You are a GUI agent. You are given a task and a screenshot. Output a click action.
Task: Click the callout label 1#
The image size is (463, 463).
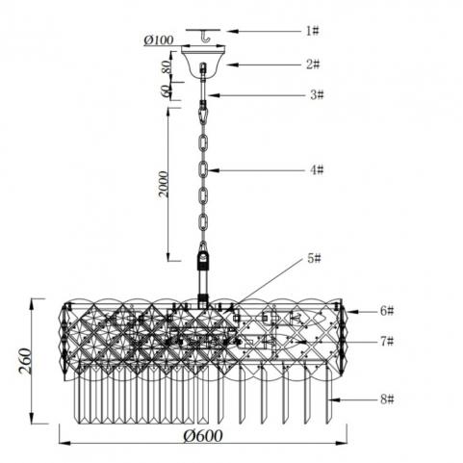[x=312, y=31]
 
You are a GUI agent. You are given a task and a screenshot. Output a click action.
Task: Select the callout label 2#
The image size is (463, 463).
[x=313, y=64]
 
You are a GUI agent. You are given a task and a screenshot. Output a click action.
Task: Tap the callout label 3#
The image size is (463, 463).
[x=317, y=94]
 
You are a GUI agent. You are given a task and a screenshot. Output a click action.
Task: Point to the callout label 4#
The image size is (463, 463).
[x=317, y=169]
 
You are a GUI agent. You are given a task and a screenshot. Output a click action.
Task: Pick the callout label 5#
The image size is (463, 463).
[x=314, y=258]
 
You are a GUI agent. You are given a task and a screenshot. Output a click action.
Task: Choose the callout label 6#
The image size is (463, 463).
[x=387, y=311]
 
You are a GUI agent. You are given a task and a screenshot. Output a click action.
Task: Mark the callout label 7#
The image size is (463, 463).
[x=387, y=341]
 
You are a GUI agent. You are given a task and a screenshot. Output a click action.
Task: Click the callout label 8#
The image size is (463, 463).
[x=387, y=399]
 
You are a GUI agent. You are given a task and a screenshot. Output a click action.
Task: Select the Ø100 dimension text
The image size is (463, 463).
[x=159, y=39]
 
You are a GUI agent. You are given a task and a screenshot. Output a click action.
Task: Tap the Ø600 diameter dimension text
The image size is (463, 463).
[x=203, y=436]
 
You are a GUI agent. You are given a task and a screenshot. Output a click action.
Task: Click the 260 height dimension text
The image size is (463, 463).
[x=25, y=361]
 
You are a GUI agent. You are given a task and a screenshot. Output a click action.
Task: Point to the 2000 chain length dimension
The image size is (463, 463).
[x=164, y=184]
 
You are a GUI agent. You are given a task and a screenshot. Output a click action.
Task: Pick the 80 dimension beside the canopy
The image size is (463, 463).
[x=166, y=67]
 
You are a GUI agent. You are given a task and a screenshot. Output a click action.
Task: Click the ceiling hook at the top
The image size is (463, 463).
[x=204, y=37]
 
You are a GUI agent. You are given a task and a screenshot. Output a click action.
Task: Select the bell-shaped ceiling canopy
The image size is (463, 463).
[x=203, y=62]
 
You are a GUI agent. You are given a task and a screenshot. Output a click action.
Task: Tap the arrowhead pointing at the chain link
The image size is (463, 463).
[x=214, y=170]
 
